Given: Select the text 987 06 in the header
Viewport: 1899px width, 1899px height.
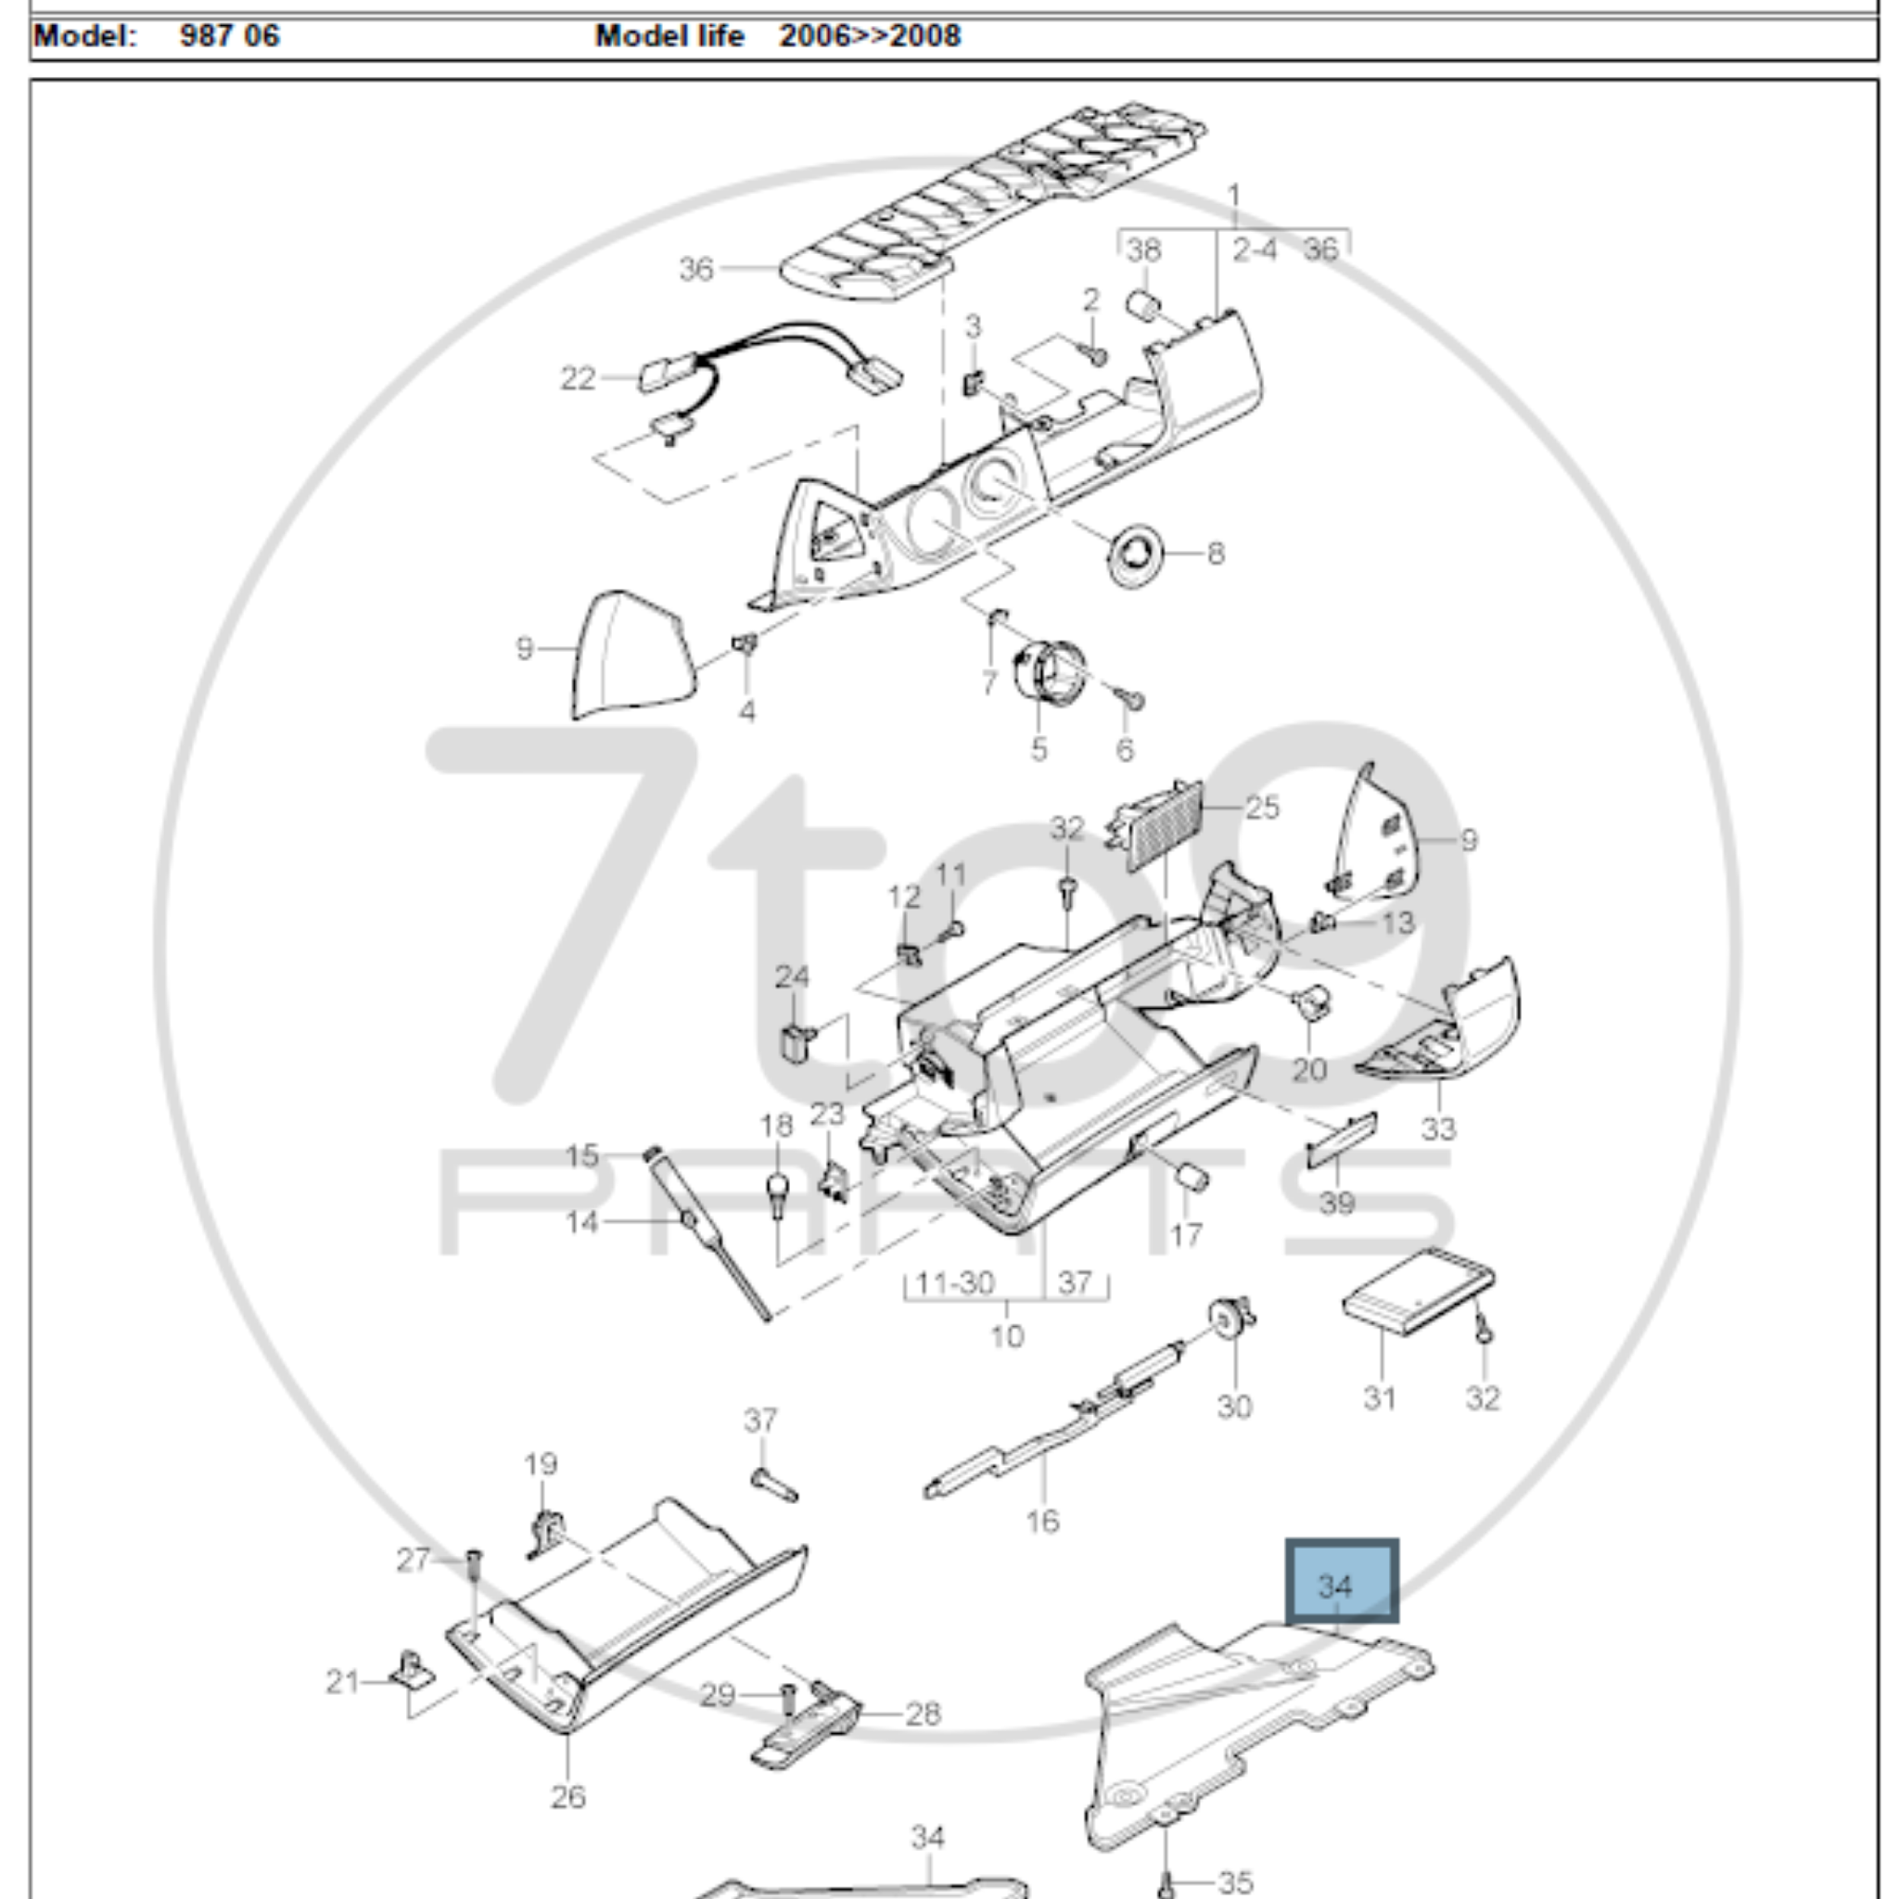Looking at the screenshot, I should [230, 36].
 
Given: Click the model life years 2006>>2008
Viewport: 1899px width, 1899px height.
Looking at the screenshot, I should [870, 36].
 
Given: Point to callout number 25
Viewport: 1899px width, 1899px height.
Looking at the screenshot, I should [1262, 808].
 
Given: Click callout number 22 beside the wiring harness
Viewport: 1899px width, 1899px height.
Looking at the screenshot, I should [578, 377].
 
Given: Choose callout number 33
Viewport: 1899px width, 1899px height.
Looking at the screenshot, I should [1438, 1128].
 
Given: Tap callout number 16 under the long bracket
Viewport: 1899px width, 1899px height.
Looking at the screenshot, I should [1042, 1522].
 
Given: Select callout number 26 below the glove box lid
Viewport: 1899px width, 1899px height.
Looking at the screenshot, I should [568, 1797].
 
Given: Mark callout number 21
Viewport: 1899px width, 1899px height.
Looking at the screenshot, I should [342, 1683].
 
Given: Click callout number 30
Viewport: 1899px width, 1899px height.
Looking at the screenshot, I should [1234, 1407].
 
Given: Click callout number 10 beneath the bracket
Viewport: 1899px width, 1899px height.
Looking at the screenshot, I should [1006, 1336].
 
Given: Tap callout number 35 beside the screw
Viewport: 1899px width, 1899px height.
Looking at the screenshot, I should [1234, 1882].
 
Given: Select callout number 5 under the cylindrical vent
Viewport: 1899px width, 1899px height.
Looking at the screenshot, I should [1039, 749].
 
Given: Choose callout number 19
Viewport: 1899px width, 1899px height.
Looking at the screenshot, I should [541, 1464].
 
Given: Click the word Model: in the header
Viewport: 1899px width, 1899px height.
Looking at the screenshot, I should [84, 36].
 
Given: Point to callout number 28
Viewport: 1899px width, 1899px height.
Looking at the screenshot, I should [922, 1714].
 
